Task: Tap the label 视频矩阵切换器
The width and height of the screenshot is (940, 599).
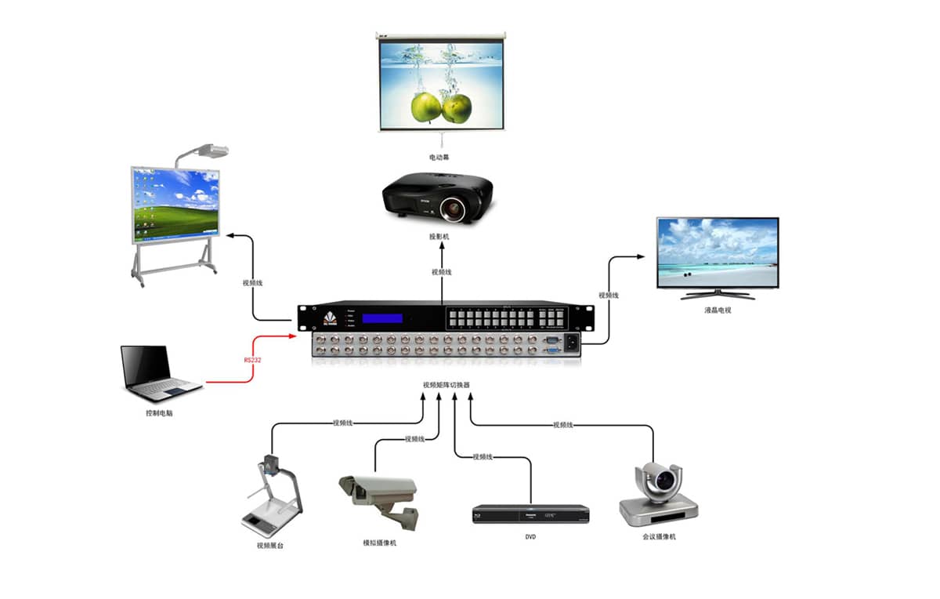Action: coord(446,385)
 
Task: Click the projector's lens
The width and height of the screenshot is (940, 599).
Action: coord(452,209)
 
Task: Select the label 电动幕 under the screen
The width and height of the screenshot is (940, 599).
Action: coord(439,158)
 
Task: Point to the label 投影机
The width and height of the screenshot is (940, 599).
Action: coord(439,236)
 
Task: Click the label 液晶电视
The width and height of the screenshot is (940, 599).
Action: coord(717,310)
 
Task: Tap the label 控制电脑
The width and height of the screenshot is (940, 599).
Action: coord(159,412)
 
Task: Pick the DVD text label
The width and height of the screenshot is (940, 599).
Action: coord(531,537)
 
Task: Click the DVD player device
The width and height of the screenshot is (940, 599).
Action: coord(530,514)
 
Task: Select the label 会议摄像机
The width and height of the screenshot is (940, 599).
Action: coord(658,537)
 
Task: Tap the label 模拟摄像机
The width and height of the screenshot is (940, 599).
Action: coord(379,543)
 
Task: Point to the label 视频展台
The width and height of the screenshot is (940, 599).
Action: coord(270,545)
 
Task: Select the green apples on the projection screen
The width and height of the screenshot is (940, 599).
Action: coord(442,107)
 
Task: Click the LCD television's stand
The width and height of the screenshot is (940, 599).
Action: coord(718,295)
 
